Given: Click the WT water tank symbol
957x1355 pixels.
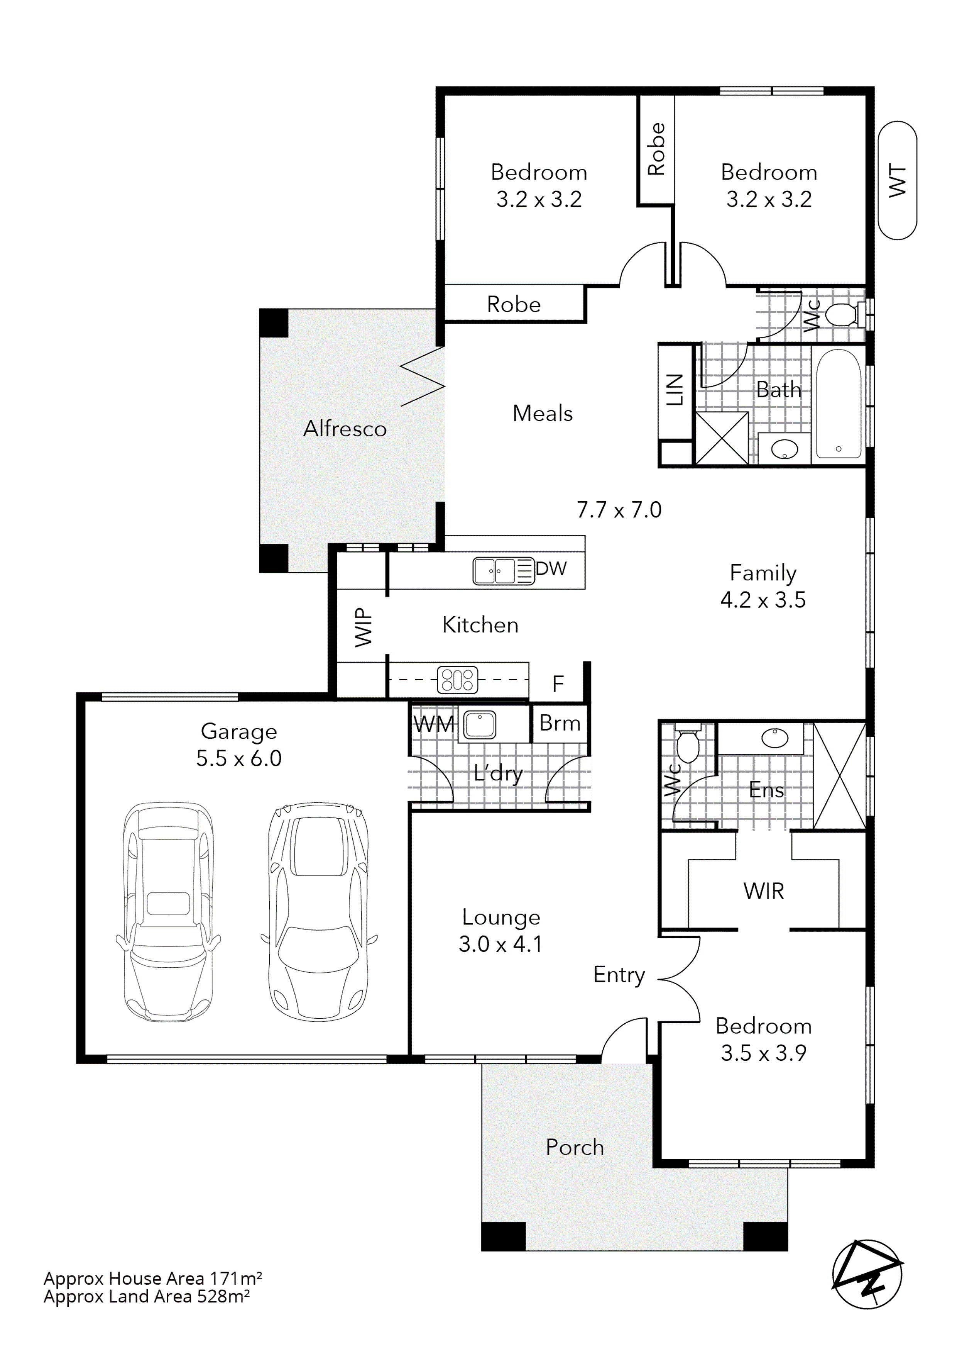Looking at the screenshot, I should (x=897, y=181).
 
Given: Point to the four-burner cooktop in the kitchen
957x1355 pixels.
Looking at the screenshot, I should (x=458, y=679).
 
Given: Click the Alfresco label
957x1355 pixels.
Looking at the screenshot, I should (x=345, y=429).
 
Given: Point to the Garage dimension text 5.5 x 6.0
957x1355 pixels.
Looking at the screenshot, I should (x=239, y=758).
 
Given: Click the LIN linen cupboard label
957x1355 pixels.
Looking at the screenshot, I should (x=675, y=390).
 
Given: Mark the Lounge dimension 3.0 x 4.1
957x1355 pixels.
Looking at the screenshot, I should (x=500, y=944).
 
